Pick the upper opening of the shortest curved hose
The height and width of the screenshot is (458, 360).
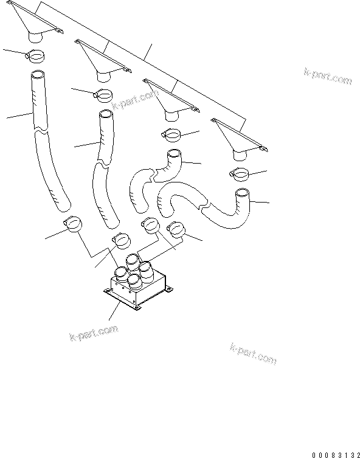pyautogui.click(x=173, y=154)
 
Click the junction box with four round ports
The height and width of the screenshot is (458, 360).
pyautogui.click(x=137, y=286)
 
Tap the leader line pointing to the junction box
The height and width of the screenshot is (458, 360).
pyautogui.click(x=113, y=313)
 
